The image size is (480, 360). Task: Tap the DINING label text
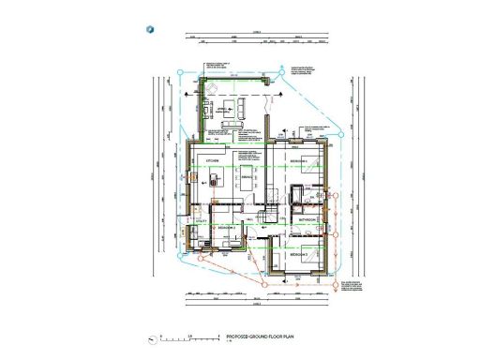[247, 178]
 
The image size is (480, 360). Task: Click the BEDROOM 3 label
[299, 254]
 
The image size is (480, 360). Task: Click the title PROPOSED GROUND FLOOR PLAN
[261, 336]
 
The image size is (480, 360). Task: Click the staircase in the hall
[267, 216]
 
